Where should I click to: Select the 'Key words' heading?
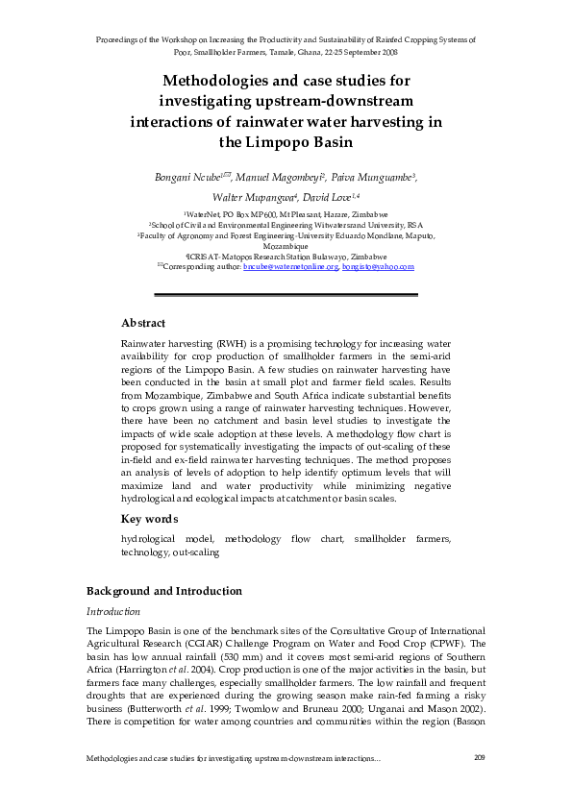(149, 519)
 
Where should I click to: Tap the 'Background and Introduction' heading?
(164, 590)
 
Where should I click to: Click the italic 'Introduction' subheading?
(113, 611)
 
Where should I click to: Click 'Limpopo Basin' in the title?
(286, 143)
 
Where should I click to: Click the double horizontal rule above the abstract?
(286, 294)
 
